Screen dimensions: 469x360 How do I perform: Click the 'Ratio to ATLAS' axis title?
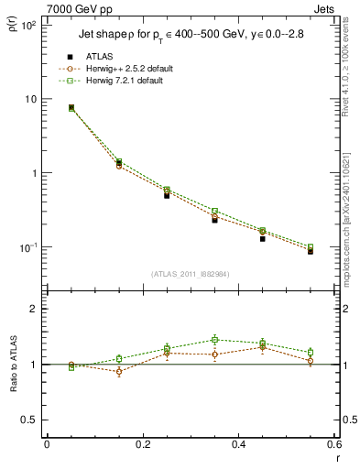click(13, 364)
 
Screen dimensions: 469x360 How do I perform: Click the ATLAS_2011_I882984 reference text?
click(191, 274)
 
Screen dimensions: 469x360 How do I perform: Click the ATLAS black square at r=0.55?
click(311, 250)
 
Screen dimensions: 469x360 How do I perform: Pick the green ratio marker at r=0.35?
click(214, 340)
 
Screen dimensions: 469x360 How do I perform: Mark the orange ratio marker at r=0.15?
click(118, 372)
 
